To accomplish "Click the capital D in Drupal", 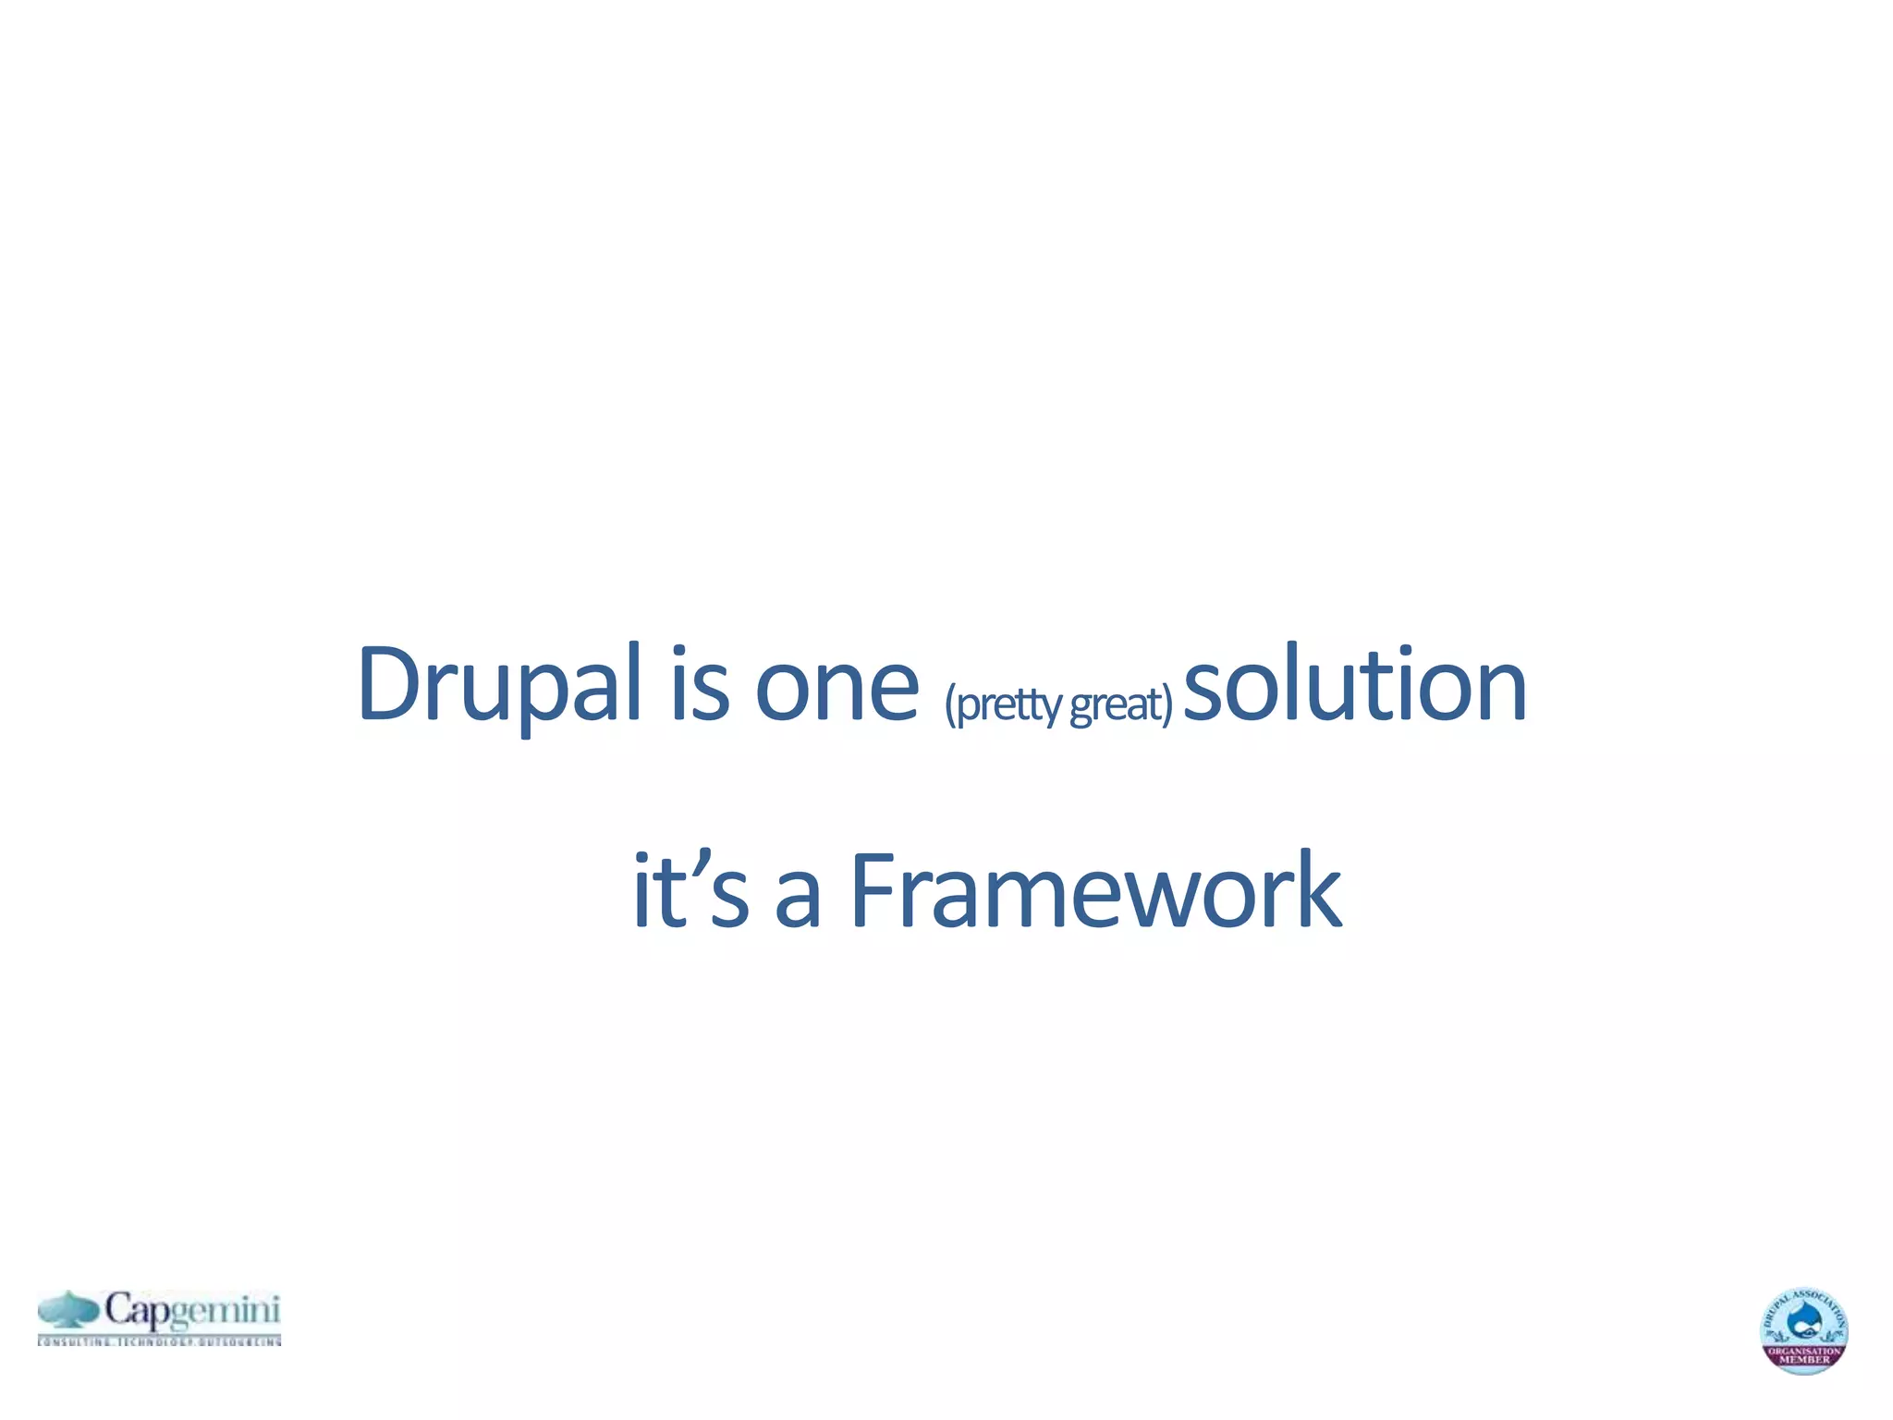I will (x=388, y=684).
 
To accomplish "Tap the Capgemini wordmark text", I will (x=191, y=1311).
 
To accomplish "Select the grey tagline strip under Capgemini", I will (x=159, y=1340).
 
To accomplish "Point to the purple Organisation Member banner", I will (x=1804, y=1355).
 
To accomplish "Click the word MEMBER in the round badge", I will (x=1804, y=1360).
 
